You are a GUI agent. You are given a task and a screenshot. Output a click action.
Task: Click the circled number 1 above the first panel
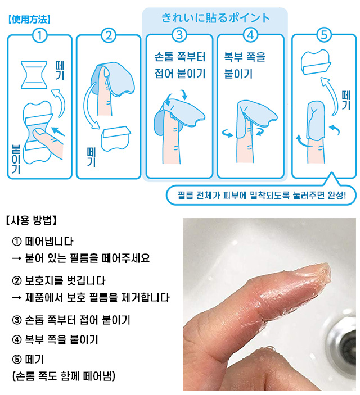coord(39,35)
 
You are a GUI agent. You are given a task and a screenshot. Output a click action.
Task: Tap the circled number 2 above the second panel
coord(109,35)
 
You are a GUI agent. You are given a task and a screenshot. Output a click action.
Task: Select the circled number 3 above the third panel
coord(179,35)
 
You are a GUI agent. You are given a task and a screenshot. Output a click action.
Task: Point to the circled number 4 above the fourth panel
coord(250,35)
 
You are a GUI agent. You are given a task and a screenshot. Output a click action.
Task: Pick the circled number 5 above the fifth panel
coord(324,35)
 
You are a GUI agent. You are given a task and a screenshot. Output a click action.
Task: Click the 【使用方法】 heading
coord(29,20)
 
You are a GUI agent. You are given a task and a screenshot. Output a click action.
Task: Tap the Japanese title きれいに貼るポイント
coord(215,18)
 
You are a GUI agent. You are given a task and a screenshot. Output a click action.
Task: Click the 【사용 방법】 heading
coord(31,220)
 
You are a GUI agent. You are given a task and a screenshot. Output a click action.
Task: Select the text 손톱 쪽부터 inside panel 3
coord(180,57)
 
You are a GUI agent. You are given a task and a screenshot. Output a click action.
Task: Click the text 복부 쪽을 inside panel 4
coord(245,57)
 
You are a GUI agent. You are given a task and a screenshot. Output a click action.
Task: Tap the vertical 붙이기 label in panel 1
coord(16,159)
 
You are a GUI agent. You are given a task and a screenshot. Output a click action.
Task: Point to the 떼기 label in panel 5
coord(346,100)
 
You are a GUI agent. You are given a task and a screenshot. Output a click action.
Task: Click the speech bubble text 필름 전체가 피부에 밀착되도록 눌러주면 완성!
coord(262,195)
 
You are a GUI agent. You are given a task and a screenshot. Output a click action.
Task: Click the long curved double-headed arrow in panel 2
coord(89,106)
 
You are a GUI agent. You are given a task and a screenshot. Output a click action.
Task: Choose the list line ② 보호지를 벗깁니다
coord(58,280)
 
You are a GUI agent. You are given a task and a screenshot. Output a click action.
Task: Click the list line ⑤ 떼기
coord(28,359)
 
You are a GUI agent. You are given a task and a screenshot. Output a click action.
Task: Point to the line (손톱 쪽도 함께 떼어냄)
coord(64,376)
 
